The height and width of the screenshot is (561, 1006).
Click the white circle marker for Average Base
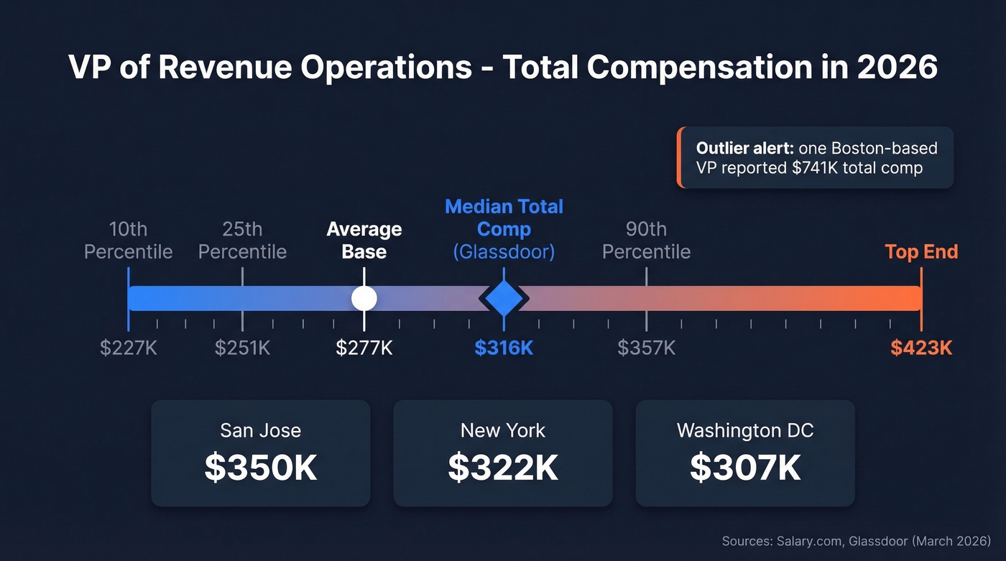coord(364,298)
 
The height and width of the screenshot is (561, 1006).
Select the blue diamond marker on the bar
coord(504,298)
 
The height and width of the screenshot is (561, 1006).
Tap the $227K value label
coord(128,348)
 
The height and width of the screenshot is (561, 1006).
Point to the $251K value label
coord(242,348)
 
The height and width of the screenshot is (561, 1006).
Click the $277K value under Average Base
coord(364,348)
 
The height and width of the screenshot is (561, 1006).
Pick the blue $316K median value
coord(504,348)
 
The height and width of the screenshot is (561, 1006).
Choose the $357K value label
coord(646,348)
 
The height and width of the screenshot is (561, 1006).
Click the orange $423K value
coord(921,348)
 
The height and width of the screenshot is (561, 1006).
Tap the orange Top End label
coord(921,252)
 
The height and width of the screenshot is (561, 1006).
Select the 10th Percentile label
coord(128,241)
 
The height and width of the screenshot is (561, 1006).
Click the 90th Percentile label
coord(646,241)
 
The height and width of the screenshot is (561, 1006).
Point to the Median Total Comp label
coord(504,218)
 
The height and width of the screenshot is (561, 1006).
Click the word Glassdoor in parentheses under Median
coord(504,252)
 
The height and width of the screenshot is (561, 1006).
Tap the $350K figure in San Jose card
coord(260,467)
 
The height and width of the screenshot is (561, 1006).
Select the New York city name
coord(503,430)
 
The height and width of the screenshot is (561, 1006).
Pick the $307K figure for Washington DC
coord(745,467)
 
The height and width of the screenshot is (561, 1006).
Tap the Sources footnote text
coord(856,540)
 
